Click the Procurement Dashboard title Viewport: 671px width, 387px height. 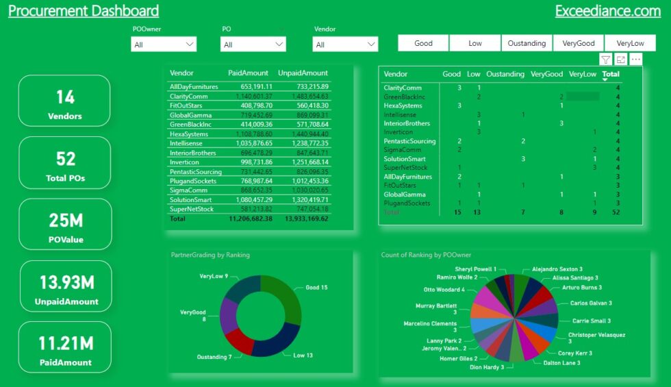(x=84, y=11)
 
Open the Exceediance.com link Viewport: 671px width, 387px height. (x=607, y=11)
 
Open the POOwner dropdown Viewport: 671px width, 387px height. (x=164, y=44)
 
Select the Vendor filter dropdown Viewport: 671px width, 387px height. (x=345, y=44)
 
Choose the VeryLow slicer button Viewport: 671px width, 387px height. (x=630, y=43)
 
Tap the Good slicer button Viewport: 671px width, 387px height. (x=423, y=43)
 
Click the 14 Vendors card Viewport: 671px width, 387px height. (x=65, y=101)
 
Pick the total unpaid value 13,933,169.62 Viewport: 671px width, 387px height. (x=303, y=219)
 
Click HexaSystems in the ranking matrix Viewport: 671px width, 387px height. (x=403, y=105)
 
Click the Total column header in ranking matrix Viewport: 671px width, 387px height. (x=610, y=74)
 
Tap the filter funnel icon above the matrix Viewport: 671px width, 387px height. (x=605, y=60)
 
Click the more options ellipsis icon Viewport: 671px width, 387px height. (x=636, y=60)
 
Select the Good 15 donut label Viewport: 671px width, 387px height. (x=317, y=288)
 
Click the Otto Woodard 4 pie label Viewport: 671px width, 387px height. (x=444, y=290)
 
